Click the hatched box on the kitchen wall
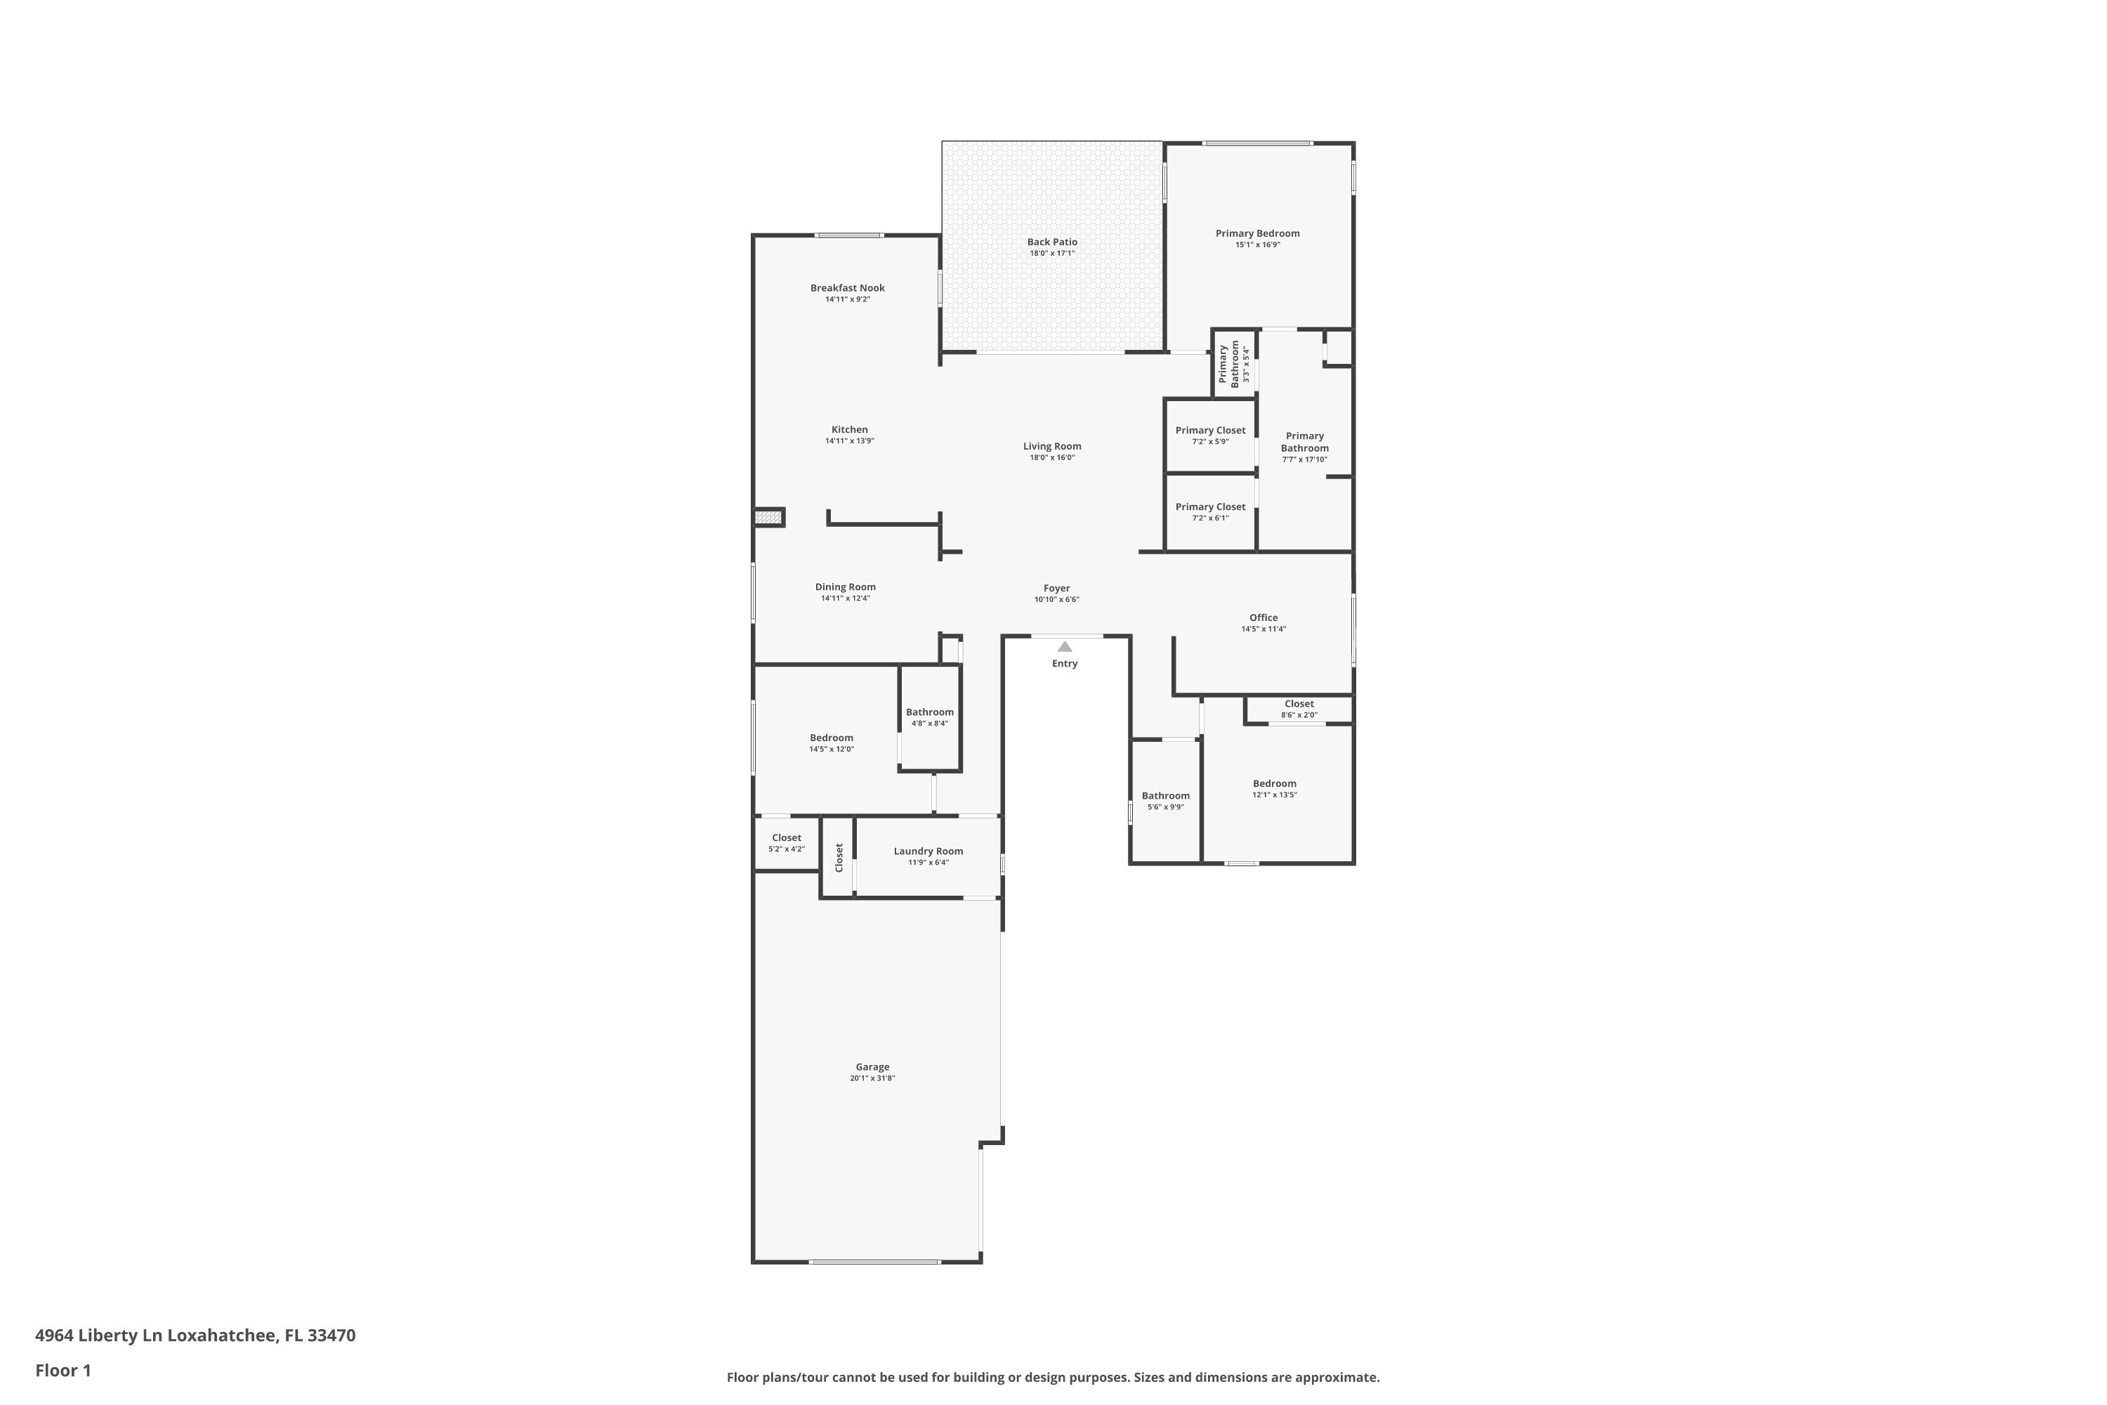(768, 517)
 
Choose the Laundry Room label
(928, 851)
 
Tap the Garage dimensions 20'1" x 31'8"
(872, 1078)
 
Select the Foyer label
(1056, 588)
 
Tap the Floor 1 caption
(63, 1370)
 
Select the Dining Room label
(845, 587)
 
